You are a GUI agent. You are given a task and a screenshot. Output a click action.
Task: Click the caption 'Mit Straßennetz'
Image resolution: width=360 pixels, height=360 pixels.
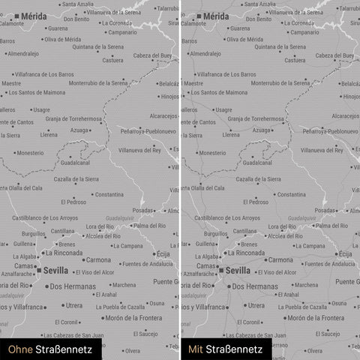[225, 349]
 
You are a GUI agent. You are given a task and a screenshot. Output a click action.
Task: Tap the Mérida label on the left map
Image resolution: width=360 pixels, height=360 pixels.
[34, 16]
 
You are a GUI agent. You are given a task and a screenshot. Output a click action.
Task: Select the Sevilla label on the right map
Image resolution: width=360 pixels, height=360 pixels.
[238, 271]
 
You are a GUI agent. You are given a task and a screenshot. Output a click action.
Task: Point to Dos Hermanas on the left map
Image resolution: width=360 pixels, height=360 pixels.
[68, 286]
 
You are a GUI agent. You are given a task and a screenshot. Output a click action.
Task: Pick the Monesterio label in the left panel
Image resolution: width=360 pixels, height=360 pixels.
[30, 153]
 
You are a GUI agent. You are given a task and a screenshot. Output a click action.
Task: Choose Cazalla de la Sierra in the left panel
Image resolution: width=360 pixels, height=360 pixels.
[76, 179]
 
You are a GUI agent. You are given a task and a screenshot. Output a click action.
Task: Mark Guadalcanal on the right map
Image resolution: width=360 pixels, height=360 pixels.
[257, 163]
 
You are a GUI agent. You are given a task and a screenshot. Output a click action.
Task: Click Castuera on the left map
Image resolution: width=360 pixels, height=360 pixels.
[112, 61]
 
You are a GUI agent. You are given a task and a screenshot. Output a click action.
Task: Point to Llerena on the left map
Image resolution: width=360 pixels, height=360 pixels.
[49, 136]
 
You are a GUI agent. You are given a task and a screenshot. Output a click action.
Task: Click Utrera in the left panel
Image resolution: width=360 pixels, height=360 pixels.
[73, 305]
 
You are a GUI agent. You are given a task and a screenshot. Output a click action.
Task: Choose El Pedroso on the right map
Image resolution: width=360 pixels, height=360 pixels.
[255, 202]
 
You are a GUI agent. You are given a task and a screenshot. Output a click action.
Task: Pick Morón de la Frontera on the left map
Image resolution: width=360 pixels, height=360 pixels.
[133, 318]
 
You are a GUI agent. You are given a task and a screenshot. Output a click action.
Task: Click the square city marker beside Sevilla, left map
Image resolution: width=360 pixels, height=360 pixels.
[38, 271]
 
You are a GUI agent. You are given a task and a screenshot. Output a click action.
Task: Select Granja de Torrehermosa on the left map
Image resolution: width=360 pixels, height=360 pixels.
[73, 119]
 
